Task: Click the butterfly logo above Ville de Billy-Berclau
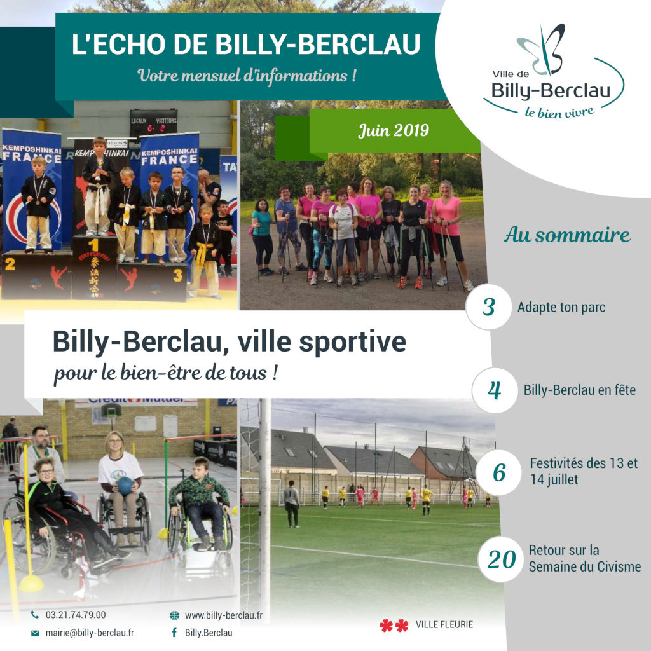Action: tap(542, 50)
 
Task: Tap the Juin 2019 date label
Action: tap(393, 130)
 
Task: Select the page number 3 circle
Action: tap(489, 307)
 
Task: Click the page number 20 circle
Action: tap(501, 559)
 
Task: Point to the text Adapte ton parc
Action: tap(561, 307)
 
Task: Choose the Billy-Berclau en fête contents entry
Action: tap(580, 390)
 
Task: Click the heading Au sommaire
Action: tap(567, 235)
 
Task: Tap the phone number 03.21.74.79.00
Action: tap(76, 615)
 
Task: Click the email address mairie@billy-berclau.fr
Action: tap(90, 633)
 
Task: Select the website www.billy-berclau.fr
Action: tap(223, 615)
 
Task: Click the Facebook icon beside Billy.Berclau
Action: tap(174, 633)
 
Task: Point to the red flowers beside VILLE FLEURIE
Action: tap(394, 626)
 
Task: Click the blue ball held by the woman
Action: tap(125, 486)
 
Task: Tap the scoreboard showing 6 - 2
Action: tap(153, 123)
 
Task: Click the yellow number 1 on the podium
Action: tap(94, 245)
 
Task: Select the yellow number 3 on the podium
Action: tap(178, 275)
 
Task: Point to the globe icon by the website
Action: tap(174, 615)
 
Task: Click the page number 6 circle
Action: tap(499, 473)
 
